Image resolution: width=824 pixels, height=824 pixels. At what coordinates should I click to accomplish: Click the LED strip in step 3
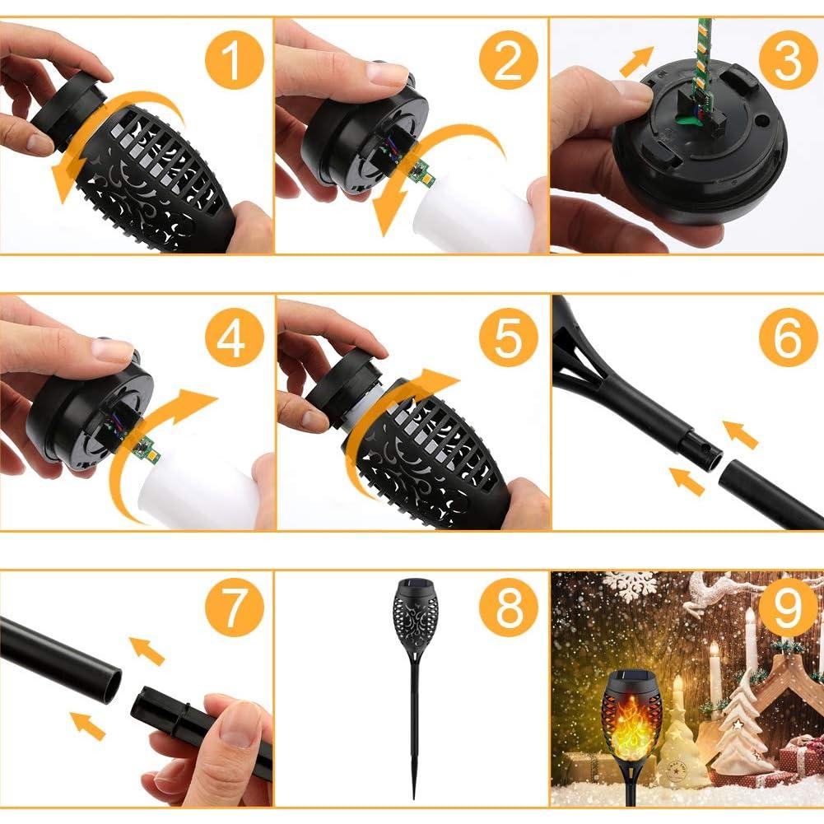pos(702,58)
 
